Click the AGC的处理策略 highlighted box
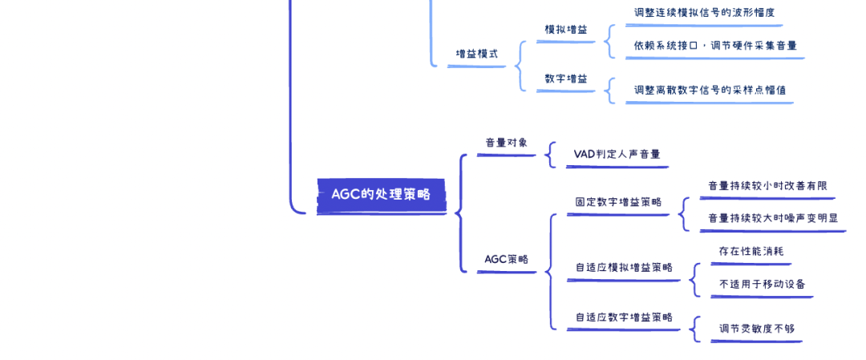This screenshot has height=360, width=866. coord(381,196)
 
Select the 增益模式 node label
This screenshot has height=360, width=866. coord(476,54)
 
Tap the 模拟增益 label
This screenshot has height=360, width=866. coord(566,30)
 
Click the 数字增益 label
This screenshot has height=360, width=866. coord(566,79)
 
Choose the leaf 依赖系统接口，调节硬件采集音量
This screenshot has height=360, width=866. coord(715,46)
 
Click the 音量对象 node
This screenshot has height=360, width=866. coord(507,143)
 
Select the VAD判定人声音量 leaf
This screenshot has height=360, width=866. coord(617,154)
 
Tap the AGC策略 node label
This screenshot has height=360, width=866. coord(507,259)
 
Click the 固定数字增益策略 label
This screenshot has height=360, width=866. coord(618,202)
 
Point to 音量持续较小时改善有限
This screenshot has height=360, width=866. coord(767,186)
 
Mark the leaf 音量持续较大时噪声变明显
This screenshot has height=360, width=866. coord(773,218)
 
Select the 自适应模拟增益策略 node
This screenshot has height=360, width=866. coord(624,268)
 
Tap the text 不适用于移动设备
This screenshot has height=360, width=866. coord(763,285)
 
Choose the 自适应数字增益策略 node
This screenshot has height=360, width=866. coord(624,318)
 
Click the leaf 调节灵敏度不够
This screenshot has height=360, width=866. coord(757,329)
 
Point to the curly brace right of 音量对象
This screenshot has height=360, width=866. coord(550,155)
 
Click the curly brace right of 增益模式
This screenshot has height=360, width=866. coord(519,66)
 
